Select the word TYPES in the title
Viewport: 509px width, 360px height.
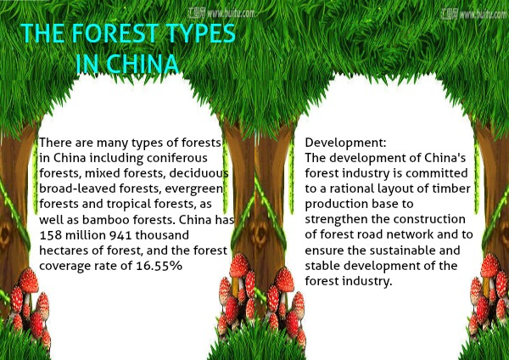click(x=200, y=33)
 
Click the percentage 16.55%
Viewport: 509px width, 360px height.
click(x=159, y=266)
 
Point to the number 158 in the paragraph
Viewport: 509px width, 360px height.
click(x=50, y=235)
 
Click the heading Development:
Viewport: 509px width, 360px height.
click(x=346, y=143)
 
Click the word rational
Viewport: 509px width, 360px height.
click(x=352, y=188)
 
